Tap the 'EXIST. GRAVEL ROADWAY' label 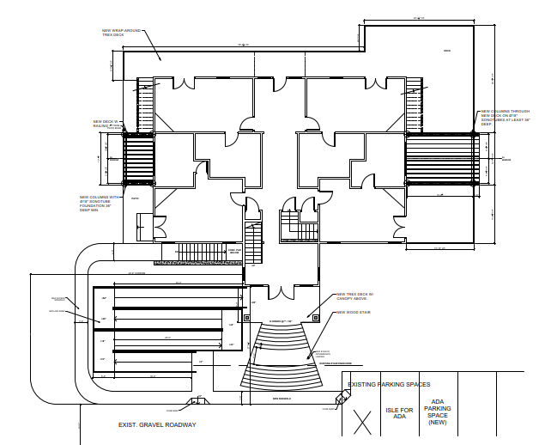pyautogui.click(x=158, y=425)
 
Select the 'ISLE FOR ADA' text pyautogui.click(x=399, y=413)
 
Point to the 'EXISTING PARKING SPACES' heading pyautogui.click(x=389, y=384)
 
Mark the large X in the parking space pyautogui.click(x=361, y=421)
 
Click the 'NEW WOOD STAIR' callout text pyautogui.click(x=354, y=313)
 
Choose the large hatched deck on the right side pyautogui.click(x=440, y=162)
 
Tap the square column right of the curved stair pyautogui.click(x=316, y=317)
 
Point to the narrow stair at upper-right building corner pyautogui.click(x=417, y=103)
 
